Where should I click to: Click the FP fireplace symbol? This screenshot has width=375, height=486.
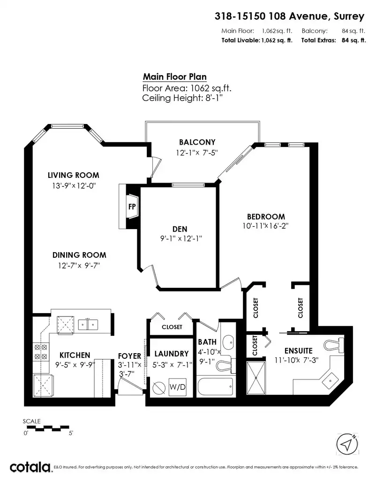132,207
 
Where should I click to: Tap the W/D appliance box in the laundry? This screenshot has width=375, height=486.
178,387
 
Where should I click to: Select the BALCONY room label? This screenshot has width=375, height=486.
197,142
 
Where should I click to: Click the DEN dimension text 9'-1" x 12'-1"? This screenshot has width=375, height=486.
181,239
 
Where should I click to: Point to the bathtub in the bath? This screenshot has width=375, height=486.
215,386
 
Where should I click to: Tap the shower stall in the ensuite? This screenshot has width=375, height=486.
256,378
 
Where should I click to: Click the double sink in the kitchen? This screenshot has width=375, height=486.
88,324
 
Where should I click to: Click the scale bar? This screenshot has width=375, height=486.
46,428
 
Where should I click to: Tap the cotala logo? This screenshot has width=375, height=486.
30,467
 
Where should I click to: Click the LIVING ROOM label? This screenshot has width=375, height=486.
73,175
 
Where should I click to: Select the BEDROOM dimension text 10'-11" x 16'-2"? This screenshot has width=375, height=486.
265,226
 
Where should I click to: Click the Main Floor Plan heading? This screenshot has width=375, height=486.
175,77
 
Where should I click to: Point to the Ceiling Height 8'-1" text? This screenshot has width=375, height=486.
182,98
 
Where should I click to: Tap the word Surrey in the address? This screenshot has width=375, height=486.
349,16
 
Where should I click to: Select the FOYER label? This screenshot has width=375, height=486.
129,356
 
